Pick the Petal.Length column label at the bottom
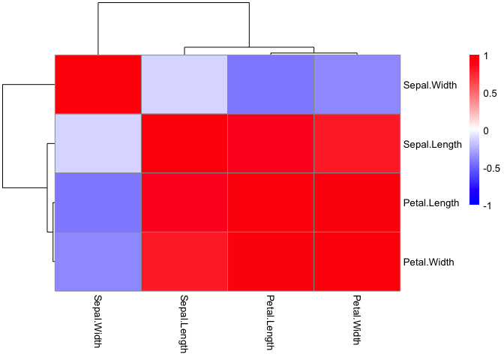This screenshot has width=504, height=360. [x=270, y=322]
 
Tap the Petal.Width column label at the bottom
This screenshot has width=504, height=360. [x=357, y=320]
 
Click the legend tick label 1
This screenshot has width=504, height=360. [x=486, y=56]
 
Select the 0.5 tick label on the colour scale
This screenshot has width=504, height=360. [x=490, y=93]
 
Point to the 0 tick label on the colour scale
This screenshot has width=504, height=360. [x=486, y=130]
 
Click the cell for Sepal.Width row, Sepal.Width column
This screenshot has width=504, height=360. [x=97, y=85]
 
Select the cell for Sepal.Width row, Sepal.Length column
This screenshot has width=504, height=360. [x=184, y=85]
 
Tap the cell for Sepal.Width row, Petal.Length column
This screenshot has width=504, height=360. [x=270, y=85]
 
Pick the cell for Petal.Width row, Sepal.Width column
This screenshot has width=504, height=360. [x=97, y=262]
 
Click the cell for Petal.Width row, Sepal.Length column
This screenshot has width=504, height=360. [x=184, y=262]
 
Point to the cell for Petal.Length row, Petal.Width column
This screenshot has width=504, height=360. [x=357, y=202]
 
